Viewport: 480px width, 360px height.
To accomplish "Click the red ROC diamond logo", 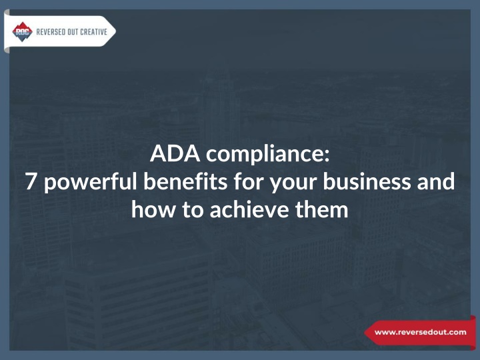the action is click(23, 31).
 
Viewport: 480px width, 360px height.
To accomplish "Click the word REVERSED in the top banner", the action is click(49, 32).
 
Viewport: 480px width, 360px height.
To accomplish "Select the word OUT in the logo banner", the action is click(71, 32).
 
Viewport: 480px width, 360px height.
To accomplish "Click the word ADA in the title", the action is click(175, 153).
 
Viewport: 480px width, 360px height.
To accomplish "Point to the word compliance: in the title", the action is click(268, 155).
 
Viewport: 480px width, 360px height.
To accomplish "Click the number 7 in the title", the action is click(31, 181).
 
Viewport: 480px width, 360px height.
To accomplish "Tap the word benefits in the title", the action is click(185, 181).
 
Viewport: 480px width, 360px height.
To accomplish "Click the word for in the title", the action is click(248, 181).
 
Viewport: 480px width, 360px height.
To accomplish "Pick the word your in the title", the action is click(293, 184).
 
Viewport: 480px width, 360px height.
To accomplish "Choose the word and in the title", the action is click(436, 181).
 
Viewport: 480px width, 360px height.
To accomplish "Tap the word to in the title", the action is click(193, 210).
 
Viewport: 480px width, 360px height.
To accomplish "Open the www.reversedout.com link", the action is click(420, 332).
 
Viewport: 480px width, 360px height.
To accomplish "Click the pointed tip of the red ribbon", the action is click(365, 333).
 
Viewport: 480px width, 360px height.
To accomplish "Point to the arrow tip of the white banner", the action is click(116, 31).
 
